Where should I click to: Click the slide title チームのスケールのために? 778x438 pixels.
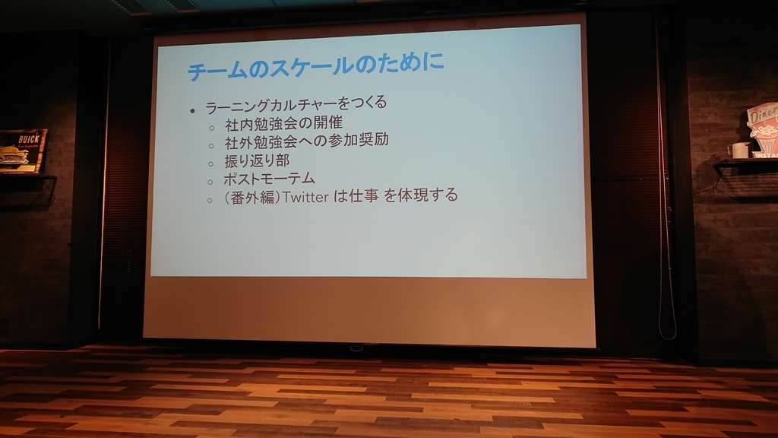point(315,68)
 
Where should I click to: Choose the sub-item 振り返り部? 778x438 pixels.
point(256,160)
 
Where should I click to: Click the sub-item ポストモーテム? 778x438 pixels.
point(269,179)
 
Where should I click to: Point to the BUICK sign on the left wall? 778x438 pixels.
point(21,151)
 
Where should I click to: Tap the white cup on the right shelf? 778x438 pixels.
point(739,150)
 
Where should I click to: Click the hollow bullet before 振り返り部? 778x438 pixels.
point(210,163)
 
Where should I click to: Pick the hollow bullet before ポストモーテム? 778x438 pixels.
point(210,182)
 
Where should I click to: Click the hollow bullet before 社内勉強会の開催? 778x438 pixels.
point(210,125)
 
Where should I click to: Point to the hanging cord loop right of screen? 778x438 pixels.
point(666,319)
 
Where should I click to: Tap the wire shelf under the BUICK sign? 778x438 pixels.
point(27,189)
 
